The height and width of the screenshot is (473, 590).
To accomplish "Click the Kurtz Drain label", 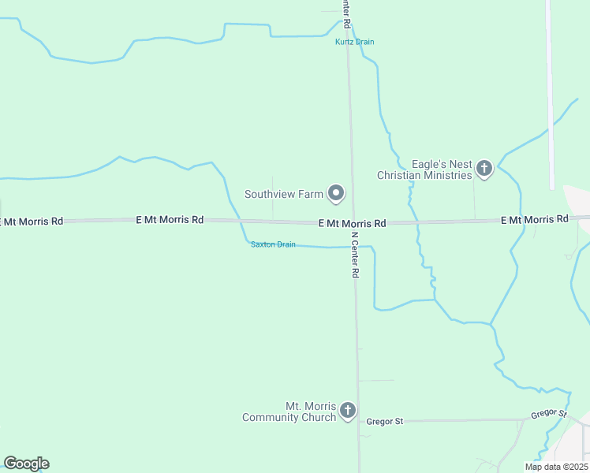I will click(354, 42).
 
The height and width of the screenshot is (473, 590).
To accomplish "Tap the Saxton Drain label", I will click(273, 244).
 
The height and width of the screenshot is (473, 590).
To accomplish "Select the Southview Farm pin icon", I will click(337, 193).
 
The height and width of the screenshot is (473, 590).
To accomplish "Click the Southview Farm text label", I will click(284, 194).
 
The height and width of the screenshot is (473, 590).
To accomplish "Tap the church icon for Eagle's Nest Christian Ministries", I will click(484, 168).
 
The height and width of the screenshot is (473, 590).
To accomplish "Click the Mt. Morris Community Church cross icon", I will click(348, 410).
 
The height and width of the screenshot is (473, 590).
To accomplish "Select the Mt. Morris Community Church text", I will click(289, 412).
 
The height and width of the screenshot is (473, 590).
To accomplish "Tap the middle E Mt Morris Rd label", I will click(352, 224).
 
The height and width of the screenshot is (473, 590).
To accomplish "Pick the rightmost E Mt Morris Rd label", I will click(534, 219).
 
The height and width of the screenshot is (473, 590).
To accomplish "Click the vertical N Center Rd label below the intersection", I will click(355, 254).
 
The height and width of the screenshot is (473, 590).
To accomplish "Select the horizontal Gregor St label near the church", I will click(385, 422).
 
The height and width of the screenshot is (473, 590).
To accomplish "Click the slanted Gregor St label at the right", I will click(548, 414).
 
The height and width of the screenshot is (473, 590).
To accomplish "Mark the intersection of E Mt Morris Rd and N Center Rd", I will click(353, 223).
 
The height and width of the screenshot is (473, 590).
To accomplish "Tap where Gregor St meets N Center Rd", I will click(359, 422).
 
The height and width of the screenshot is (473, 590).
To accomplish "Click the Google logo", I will click(26, 464).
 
